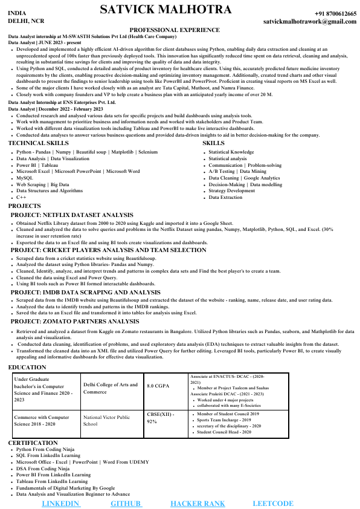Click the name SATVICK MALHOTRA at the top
[x=165, y=10]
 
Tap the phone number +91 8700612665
[x=335, y=13]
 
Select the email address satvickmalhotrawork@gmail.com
[x=310, y=21]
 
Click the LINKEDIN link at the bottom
[x=61, y=503]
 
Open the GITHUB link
[x=126, y=503]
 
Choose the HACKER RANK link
[x=198, y=503]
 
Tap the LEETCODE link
[x=273, y=503]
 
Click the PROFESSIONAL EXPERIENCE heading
[x=175, y=30]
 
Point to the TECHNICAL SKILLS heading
[x=38, y=143]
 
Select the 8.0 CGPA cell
[x=159, y=385]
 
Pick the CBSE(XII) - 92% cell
[x=160, y=418]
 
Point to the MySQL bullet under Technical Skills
[x=25, y=178]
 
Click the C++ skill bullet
[x=21, y=197]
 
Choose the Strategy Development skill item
[x=232, y=190]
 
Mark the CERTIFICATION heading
[x=33, y=443]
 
